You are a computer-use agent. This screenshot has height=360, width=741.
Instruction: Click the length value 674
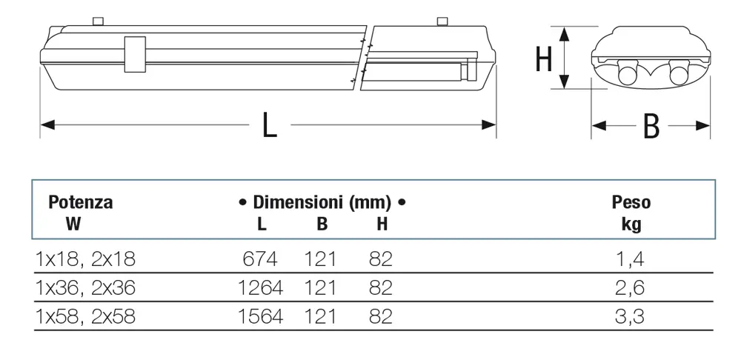click(x=260, y=259)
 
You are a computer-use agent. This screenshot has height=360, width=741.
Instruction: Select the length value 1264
click(x=260, y=287)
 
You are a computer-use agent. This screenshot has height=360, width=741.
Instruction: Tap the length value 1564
click(x=260, y=316)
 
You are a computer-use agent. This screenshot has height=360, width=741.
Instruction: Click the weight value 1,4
click(x=631, y=259)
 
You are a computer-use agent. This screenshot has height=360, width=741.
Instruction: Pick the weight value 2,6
click(x=630, y=288)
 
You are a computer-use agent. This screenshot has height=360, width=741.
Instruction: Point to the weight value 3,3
click(x=630, y=317)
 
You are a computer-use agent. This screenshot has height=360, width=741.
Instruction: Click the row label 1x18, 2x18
click(x=85, y=259)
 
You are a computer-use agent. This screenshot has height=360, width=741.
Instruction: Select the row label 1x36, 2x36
click(x=85, y=288)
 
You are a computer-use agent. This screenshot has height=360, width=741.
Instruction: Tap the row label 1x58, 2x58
click(x=85, y=317)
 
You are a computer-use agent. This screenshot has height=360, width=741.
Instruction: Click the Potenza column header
click(x=81, y=202)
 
